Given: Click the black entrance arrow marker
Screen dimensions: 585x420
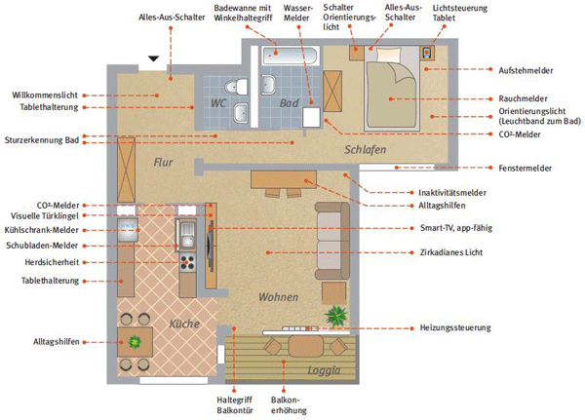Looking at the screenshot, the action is tap(154, 58).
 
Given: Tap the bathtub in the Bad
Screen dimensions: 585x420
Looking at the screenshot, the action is tap(290, 56).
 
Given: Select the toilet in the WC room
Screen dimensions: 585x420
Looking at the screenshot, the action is tap(237, 87).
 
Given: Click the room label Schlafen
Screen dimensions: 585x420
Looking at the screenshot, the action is tap(365, 149).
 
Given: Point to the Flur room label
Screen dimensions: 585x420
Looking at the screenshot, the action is tap(163, 163).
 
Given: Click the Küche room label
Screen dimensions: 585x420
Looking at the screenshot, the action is tap(184, 324).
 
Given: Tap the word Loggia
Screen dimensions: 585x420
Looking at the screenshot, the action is tap(324, 370).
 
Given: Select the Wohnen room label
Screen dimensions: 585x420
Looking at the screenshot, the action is tap(278, 297).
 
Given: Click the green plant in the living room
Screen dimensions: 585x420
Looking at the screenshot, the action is tap(336, 316).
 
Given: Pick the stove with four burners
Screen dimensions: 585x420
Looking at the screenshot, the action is tap(187, 262).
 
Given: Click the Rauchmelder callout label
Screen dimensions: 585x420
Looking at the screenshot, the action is tap(523, 98).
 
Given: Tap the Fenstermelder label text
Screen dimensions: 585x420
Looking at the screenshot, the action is tap(525, 169).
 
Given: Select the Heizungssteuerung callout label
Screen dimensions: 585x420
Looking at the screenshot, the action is tap(455, 327).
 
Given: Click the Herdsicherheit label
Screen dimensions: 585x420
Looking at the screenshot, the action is tap(52, 262).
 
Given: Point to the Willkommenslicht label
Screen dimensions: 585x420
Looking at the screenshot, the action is tap(45, 95).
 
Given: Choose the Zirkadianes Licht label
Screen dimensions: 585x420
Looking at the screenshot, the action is tap(451, 252).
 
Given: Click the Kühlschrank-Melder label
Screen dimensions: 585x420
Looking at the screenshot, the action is tap(41, 230).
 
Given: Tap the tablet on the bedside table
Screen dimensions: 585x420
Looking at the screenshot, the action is tap(427, 53).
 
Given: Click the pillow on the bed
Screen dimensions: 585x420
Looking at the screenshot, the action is tap(389, 55).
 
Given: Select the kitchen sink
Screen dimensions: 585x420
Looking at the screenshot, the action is tap(187, 234).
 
